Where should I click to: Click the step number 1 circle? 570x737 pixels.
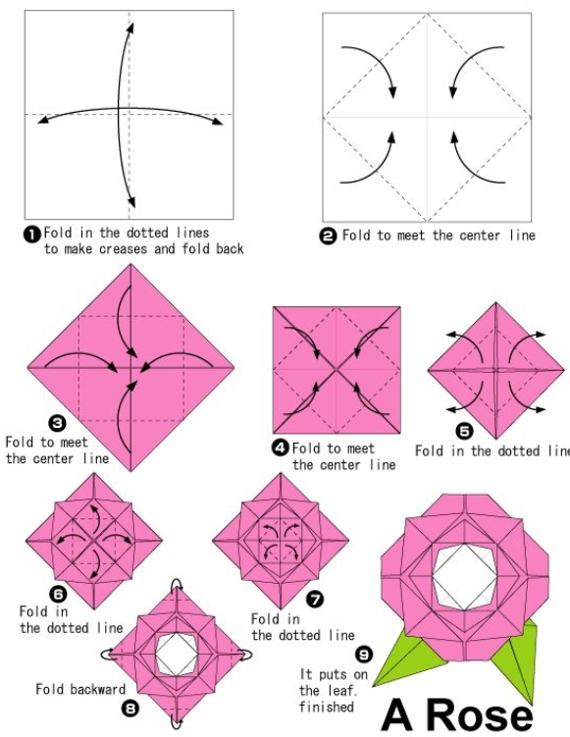(x=31, y=235)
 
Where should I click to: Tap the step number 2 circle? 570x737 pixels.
(x=328, y=236)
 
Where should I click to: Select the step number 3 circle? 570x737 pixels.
(x=57, y=424)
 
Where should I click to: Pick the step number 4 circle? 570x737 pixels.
(x=281, y=447)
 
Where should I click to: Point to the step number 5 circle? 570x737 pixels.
(x=464, y=431)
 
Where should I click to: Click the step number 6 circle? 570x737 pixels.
(x=58, y=595)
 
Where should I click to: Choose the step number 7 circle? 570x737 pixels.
(x=315, y=600)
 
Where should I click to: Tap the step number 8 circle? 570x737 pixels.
(x=130, y=709)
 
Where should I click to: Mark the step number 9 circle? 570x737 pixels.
(x=363, y=654)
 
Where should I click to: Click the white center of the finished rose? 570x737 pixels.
(x=463, y=577)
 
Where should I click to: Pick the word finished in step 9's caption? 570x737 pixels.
(x=326, y=707)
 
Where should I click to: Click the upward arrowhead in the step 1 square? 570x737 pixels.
(x=130, y=27)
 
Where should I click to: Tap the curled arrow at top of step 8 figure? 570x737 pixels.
(x=177, y=583)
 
